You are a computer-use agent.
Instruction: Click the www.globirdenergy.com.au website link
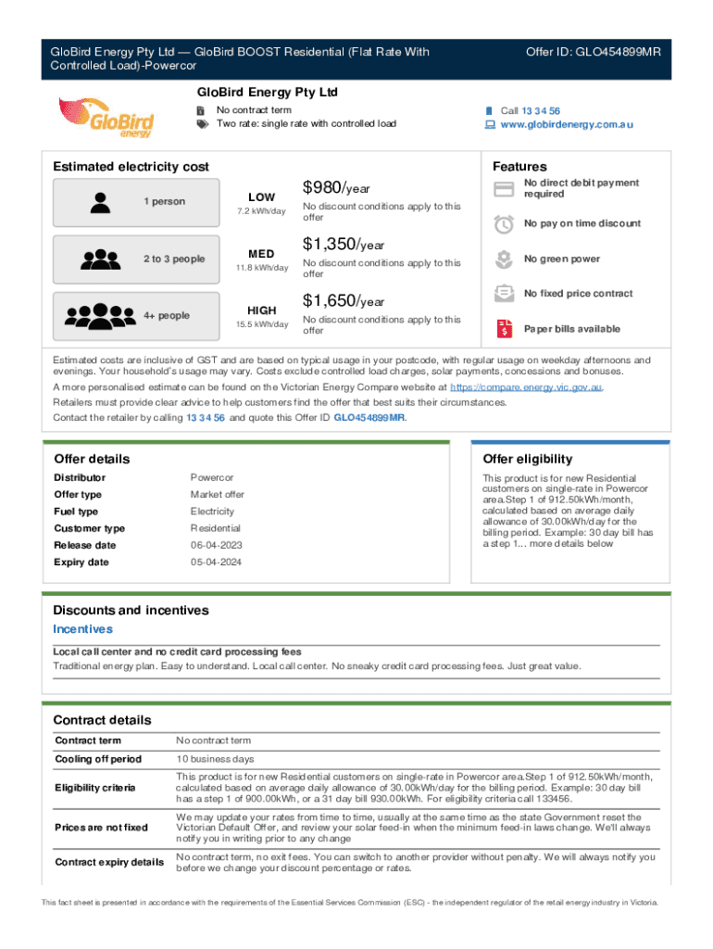point(567,124)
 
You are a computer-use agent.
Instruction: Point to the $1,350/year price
point(344,245)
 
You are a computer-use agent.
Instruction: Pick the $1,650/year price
point(344,301)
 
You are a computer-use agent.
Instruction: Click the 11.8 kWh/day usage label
point(262,268)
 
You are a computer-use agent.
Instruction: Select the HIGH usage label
point(262,310)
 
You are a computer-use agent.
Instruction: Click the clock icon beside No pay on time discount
point(505,223)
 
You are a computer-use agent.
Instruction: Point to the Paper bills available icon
point(505,328)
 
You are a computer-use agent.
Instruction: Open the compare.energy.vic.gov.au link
point(526,386)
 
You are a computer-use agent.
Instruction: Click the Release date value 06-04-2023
point(212,545)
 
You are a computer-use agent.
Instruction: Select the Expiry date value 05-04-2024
point(212,562)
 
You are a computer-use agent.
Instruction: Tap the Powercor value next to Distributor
point(212,477)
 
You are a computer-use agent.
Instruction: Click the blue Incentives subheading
point(83,629)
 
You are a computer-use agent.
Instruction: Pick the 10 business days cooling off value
point(215,759)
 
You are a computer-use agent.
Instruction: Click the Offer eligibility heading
point(528,459)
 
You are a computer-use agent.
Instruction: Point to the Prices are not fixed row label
point(101,827)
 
